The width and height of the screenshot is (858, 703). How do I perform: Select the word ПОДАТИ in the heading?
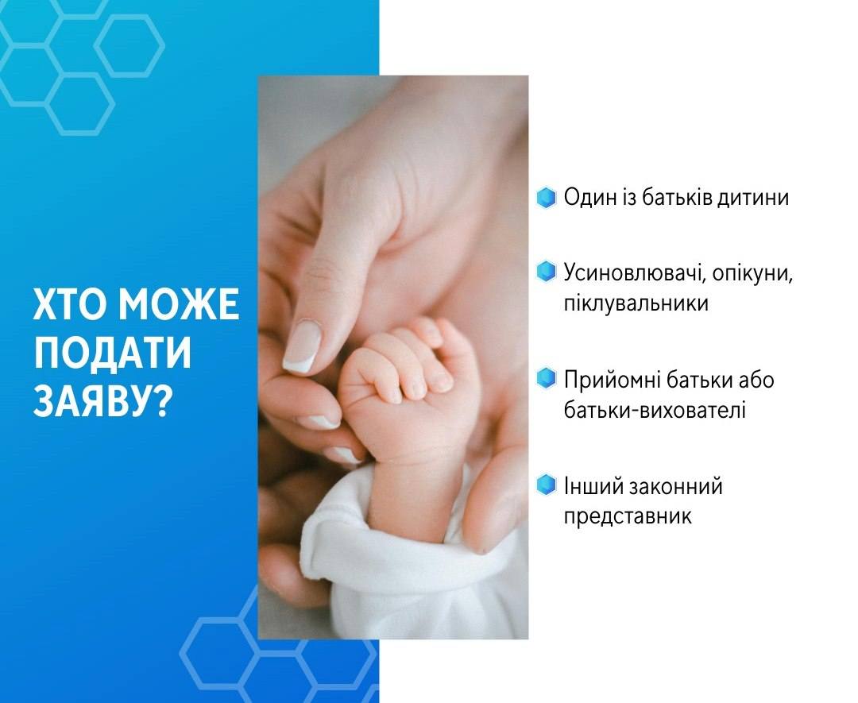pos(113,353)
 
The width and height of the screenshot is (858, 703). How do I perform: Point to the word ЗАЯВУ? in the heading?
pos(100,404)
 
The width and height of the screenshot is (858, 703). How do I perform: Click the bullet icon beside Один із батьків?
pos(546,198)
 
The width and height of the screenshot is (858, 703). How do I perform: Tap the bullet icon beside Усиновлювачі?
pos(546,272)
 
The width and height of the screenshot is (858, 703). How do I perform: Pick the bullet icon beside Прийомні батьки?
pos(546,378)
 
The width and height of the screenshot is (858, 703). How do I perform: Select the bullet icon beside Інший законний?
pos(546,485)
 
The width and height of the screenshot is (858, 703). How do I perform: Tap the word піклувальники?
pos(636,303)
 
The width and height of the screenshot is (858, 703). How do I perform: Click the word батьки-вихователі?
pos(655,410)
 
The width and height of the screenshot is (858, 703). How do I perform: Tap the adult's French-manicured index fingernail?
pos(302,347)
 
